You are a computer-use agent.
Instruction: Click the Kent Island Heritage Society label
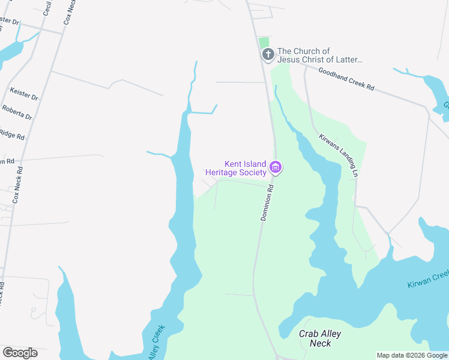point(236,168)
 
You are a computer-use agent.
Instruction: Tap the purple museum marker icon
point(276,167)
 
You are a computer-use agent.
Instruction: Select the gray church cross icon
point(268,55)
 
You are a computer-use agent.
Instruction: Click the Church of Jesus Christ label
point(321,55)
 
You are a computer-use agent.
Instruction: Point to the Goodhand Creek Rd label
point(346,79)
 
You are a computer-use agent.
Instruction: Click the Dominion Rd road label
point(267,202)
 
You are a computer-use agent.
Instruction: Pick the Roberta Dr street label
point(16,112)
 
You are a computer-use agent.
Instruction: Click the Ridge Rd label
point(12,134)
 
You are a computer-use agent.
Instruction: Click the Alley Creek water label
point(155,343)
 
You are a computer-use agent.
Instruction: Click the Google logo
point(20,353)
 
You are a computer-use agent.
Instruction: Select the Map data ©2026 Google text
point(412,355)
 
